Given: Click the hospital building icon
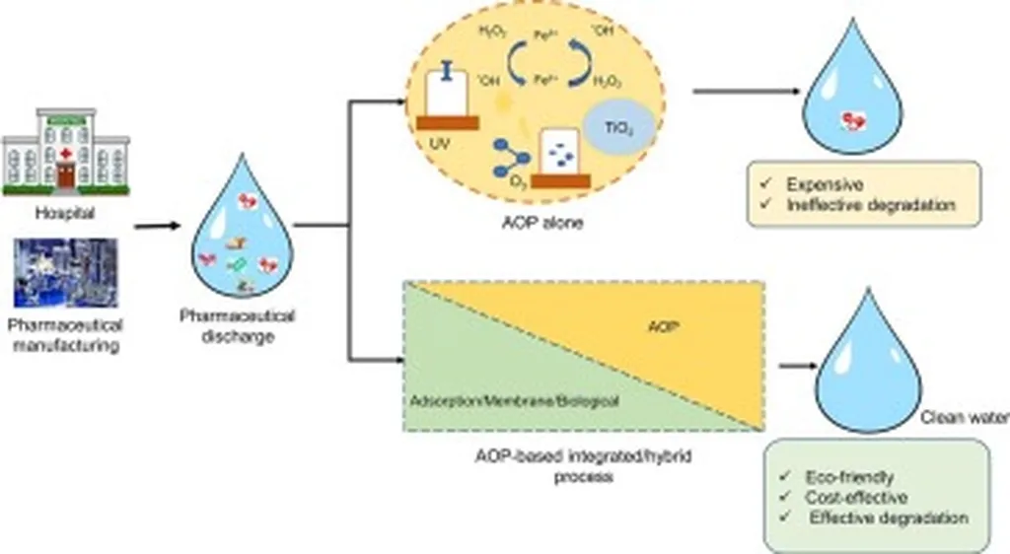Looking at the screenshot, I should (65, 150).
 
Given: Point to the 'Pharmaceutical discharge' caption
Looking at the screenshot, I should (238, 326).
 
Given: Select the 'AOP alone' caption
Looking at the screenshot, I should (537, 223).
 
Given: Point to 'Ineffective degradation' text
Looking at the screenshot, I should (856, 206).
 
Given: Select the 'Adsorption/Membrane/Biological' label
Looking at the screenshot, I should (513, 402).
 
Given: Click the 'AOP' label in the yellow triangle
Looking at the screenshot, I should (668, 327).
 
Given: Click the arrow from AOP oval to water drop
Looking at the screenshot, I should (745, 94).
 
